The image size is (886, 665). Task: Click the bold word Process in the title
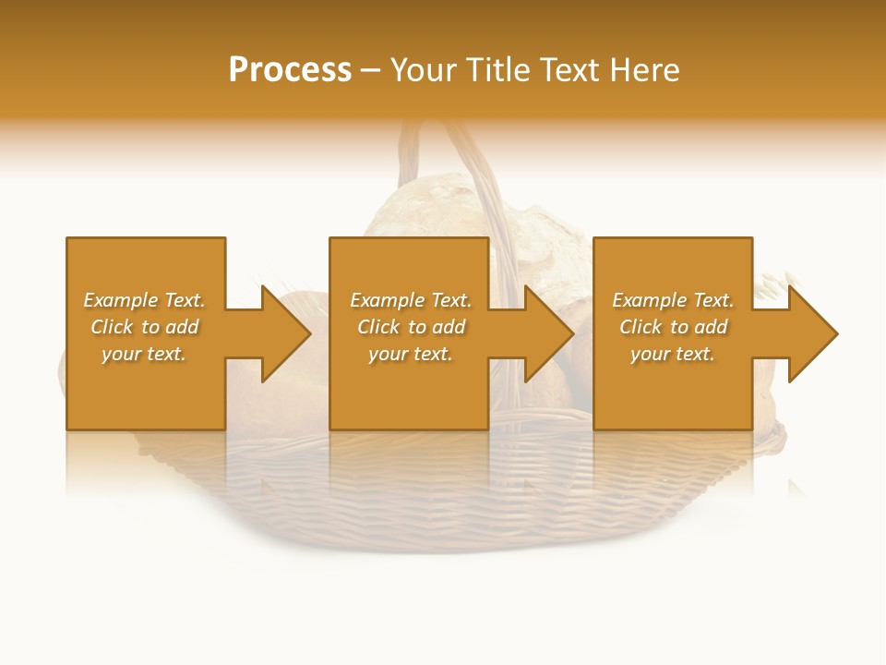[x=290, y=70]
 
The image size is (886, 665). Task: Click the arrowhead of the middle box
[x=548, y=333]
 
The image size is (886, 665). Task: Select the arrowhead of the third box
[x=812, y=333]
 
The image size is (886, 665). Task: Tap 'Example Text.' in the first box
[x=145, y=300]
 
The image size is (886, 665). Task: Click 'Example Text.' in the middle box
[x=411, y=300]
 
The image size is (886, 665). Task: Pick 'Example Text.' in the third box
[x=673, y=300]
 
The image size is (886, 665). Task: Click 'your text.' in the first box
[x=144, y=354]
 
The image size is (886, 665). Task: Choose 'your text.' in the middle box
[x=410, y=354]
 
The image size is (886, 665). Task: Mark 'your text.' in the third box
[x=673, y=354]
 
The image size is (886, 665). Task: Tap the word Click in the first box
[x=112, y=327]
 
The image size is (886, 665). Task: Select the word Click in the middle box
[x=378, y=327]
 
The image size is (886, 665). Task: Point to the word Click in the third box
[x=641, y=327]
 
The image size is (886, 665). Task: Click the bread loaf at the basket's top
[x=425, y=208]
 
